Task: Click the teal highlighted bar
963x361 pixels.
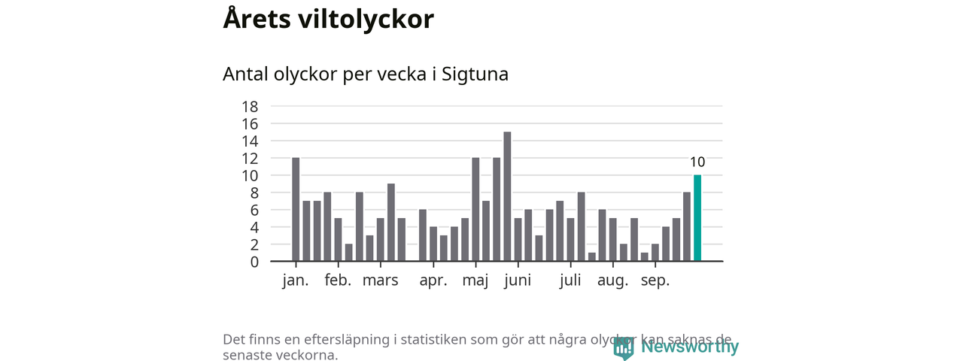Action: [697, 218]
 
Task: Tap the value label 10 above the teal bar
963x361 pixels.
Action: [697, 162]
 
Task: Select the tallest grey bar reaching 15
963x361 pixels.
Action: [507, 196]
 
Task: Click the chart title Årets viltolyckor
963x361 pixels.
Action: [328, 20]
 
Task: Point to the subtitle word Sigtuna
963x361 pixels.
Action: [475, 74]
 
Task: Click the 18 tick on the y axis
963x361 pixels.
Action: [250, 106]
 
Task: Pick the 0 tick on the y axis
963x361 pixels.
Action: [254, 262]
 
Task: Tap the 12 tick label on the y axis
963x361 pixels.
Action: [250, 158]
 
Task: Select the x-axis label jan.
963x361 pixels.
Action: [296, 281]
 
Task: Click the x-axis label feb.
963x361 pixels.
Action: [338, 281]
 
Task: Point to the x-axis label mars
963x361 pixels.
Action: [380, 281]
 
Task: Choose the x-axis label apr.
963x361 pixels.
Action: [433, 281]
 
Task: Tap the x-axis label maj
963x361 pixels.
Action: [475, 281]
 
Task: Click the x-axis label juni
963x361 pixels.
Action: [518, 281]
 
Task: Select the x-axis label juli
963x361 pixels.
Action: [571, 281]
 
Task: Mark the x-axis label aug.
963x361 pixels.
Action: [613, 281]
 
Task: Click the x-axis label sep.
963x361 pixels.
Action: [655, 281]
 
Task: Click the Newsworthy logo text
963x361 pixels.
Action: [689, 347]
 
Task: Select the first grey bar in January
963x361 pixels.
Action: [296, 210]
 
